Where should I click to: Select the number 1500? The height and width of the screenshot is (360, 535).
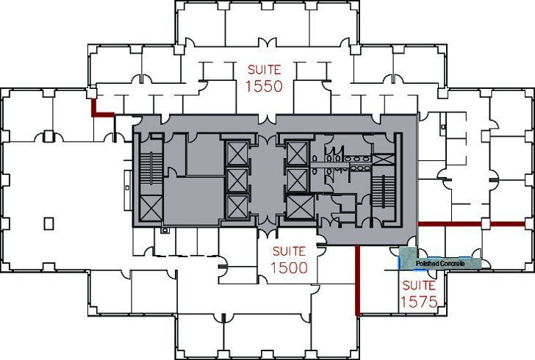(289, 268)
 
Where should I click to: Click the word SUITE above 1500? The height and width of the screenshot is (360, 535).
(289, 251)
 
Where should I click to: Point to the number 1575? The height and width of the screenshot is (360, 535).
(419, 301)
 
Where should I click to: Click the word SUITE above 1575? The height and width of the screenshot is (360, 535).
(419, 285)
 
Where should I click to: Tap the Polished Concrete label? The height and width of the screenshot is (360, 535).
(439, 262)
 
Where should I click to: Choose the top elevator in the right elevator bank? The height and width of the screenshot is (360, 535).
(295, 154)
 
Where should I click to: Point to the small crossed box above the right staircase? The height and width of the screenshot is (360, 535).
(383, 158)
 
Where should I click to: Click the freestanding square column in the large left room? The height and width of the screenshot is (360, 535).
(49, 223)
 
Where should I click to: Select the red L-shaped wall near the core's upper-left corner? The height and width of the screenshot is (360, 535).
(100, 110)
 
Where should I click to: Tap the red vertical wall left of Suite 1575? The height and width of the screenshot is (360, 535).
(356, 280)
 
